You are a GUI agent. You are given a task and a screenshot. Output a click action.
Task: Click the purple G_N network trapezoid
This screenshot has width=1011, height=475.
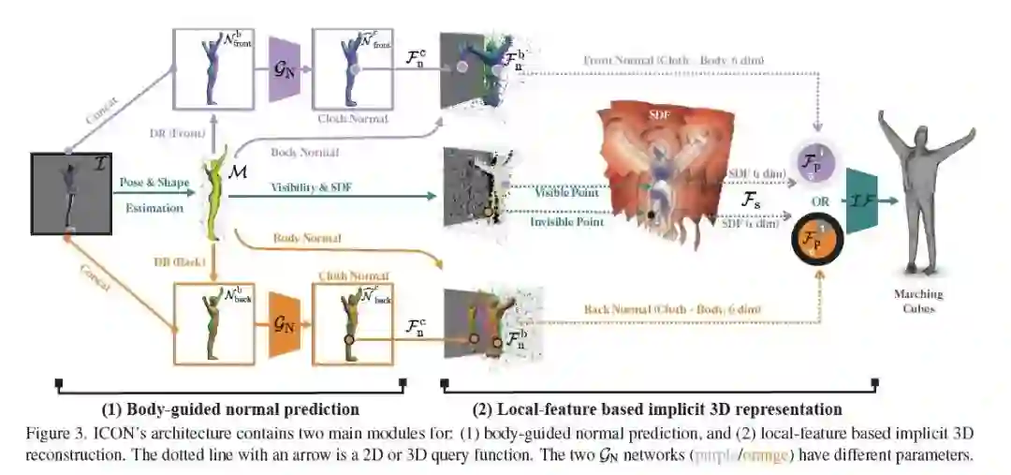pyautogui.click(x=283, y=69)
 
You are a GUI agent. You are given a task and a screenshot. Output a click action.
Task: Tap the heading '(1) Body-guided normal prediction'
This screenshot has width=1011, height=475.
pyautogui.click(x=230, y=409)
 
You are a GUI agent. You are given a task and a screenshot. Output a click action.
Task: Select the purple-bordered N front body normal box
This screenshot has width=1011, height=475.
pyautogui.click(x=213, y=68)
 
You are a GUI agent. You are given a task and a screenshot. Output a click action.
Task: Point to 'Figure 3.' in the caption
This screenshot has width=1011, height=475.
pyautogui.click(x=57, y=434)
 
